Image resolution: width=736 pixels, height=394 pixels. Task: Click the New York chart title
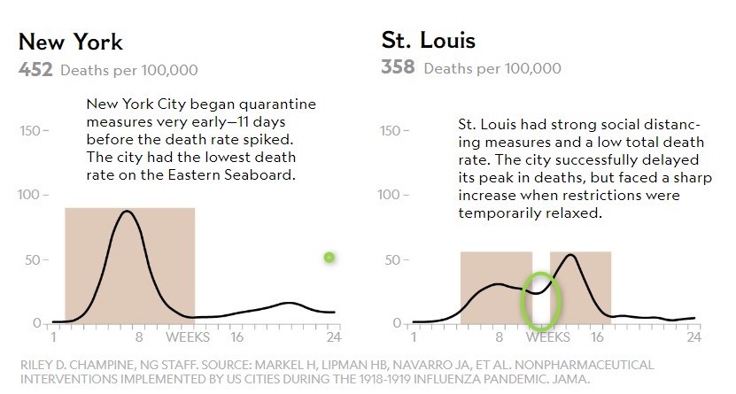tap(70, 42)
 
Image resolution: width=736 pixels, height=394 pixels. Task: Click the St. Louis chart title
tap(428, 41)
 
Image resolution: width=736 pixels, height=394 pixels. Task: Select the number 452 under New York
tap(35, 69)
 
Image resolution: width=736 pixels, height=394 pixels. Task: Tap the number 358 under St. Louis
tap(399, 67)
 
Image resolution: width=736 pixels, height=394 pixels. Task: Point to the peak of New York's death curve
tap(128, 212)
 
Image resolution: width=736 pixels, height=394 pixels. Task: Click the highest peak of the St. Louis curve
tap(571, 256)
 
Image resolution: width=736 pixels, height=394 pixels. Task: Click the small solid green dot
tap(329, 258)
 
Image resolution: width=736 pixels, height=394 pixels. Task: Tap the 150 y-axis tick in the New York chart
tap(30, 131)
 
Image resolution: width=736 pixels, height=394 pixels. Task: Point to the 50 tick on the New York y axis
tap(34, 259)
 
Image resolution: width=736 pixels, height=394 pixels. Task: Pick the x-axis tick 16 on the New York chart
tap(236, 336)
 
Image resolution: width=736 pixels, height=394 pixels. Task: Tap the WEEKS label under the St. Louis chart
tap(549, 336)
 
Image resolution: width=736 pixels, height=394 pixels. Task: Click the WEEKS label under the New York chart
tap(187, 336)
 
